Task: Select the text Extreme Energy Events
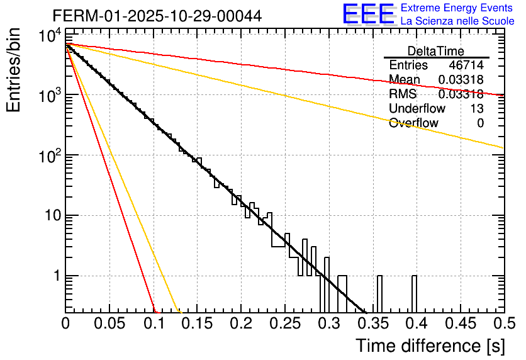click(457, 8)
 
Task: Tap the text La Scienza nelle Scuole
click(457, 21)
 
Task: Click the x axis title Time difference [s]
click(430, 346)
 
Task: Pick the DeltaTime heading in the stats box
click(435, 51)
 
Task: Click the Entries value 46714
click(466, 65)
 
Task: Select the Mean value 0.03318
click(461, 80)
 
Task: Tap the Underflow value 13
click(477, 108)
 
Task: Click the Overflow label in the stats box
click(413, 123)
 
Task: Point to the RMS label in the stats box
click(403, 94)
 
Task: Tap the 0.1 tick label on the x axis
click(154, 323)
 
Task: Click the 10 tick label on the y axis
click(50, 216)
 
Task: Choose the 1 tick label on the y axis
click(55, 276)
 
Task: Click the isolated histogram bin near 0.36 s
click(379, 293)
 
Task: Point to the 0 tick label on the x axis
click(66, 323)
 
